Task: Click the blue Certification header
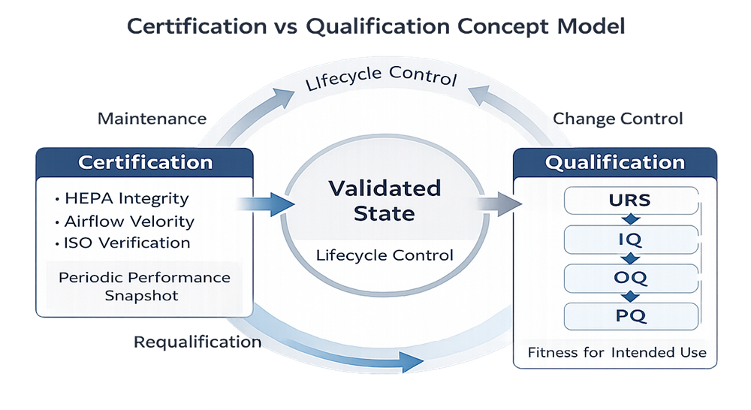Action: [x=145, y=162]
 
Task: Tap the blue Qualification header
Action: [x=614, y=162]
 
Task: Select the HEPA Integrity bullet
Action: [x=122, y=199]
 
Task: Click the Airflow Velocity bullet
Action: [x=125, y=221]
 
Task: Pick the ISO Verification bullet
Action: [x=122, y=243]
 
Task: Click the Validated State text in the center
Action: [x=383, y=200]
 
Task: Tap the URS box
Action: [x=630, y=201]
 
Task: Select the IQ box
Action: [x=630, y=240]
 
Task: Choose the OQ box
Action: [x=630, y=278]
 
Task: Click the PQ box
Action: [x=630, y=315]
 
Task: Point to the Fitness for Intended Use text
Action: [x=617, y=351]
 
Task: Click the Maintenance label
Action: [x=152, y=118]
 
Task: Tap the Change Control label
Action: [x=617, y=118]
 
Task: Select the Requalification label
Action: [x=197, y=342]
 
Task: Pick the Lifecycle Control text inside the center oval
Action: [x=384, y=255]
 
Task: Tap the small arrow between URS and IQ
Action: [x=630, y=220]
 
